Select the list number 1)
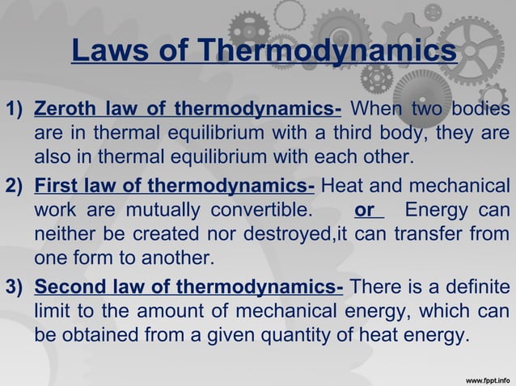(15, 109)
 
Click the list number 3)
(15, 288)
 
